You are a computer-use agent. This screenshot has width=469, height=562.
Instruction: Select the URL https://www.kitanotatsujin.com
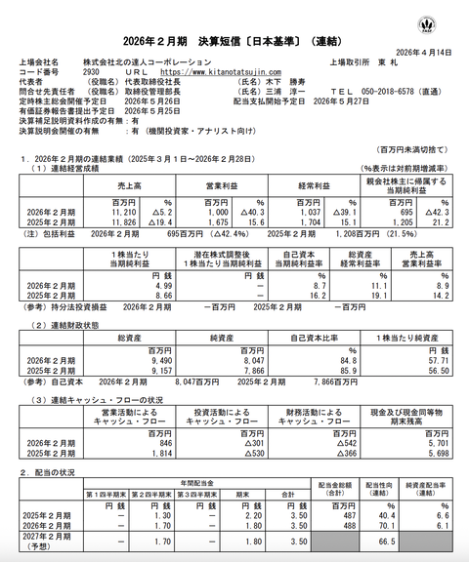pyautogui.click(x=220, y=71)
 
